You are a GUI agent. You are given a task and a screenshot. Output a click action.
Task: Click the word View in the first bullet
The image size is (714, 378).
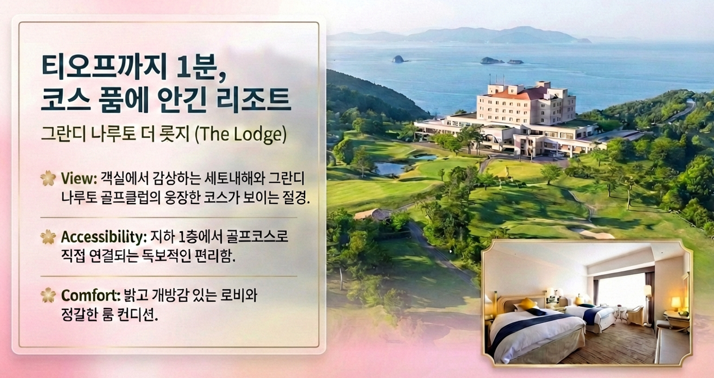tap(79, 178)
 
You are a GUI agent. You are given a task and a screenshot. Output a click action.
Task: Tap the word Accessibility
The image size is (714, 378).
tap(104, 237)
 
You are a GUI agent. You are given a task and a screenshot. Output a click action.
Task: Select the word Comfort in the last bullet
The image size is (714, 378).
tap(91, 296)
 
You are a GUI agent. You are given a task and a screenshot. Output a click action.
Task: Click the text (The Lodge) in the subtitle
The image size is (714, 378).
tap(241, 135)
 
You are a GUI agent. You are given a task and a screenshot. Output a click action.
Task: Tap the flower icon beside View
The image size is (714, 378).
tap(48, 178)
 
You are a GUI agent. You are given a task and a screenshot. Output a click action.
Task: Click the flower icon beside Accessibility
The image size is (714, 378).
tap(48, 237)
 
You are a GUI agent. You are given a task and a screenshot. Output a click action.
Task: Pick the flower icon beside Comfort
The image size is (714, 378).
tap(48, 296)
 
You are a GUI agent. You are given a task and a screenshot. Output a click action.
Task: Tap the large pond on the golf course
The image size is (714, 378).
tap(390, 168)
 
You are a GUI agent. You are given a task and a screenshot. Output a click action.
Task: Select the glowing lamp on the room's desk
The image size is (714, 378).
tap(676, 303)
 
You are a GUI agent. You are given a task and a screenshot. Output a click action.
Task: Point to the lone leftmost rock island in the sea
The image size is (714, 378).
tap(398, 59)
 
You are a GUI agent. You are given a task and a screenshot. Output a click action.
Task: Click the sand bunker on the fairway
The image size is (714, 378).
tap(596, 234)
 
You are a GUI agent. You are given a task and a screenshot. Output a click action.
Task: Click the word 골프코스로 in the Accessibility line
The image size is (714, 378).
tap(257, 237)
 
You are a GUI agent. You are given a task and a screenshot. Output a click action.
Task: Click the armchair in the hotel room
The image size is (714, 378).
tap(634, 314)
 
